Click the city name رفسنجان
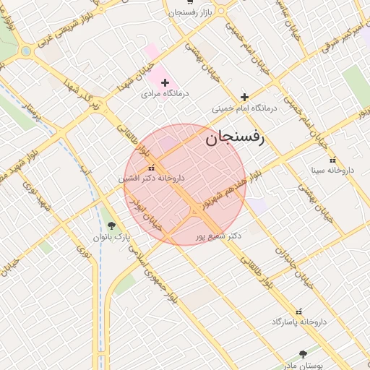tap(236, 137)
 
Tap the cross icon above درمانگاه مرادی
tap(165, 83)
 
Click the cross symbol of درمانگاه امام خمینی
tap(244, 97)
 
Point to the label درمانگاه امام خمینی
tap(244, 108)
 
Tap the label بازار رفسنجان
tap(192, 13)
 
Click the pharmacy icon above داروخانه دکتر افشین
tap(150, 168)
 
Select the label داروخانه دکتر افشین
tap(152, 178)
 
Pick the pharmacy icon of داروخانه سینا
tap(332, 160)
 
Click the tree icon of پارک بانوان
tap(111, 225)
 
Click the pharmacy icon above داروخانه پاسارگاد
tap(298, 311)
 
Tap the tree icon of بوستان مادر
tap(303, 354)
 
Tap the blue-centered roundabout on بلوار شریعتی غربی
tap(26, 51)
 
